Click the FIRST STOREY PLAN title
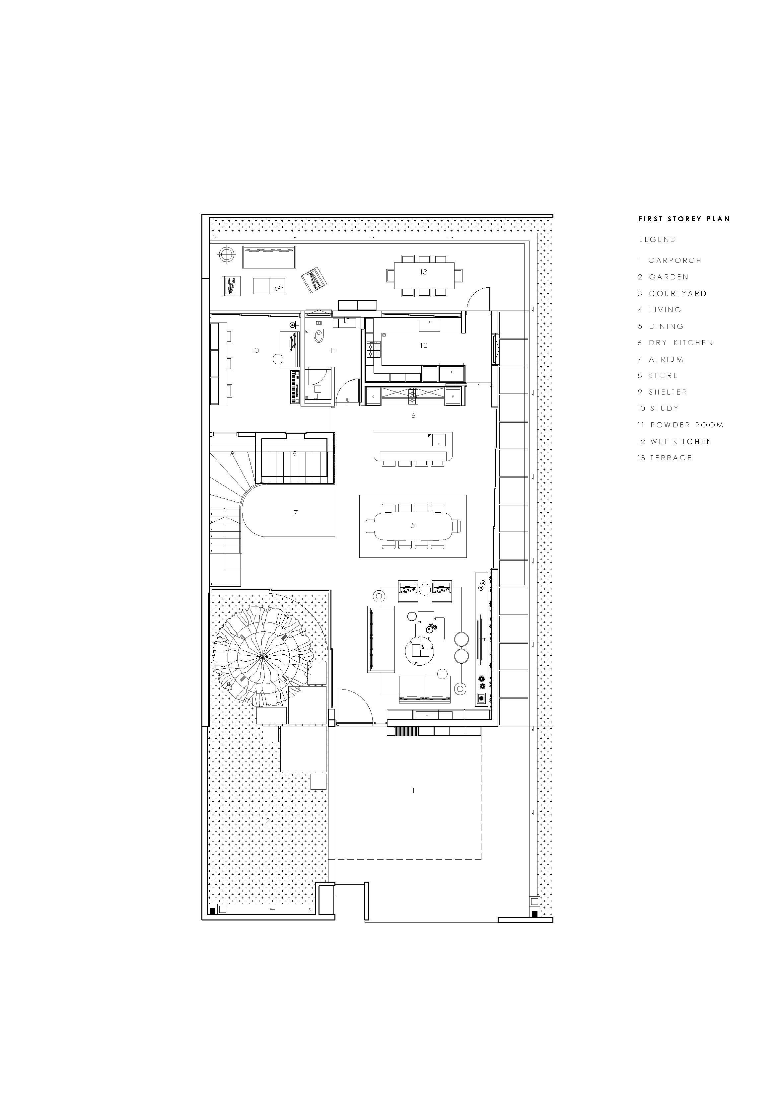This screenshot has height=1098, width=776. tap(684, 219)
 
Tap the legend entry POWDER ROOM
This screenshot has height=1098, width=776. tap(680, 425)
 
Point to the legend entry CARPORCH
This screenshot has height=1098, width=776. tap(670, 260)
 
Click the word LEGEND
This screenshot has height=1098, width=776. tap(658, 240)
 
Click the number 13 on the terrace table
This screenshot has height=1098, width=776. tap(424, 272)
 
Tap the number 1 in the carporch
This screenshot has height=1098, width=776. tap(413, 790)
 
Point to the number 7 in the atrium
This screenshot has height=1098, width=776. tap(296, 513)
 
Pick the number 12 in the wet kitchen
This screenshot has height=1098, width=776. tap(424, 345)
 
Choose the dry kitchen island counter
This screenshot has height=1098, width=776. tap(413, 447)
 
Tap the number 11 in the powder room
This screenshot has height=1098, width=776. tap(333, 350)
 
